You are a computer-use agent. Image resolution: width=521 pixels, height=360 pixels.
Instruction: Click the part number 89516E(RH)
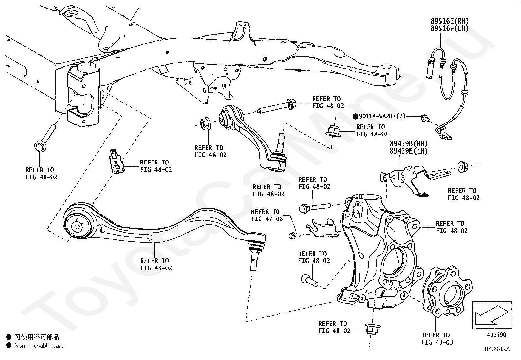(449, 21)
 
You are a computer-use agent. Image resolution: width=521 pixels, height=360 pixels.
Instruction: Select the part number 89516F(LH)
(449, 28)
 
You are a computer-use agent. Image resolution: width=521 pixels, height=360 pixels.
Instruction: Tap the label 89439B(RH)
(408, 143)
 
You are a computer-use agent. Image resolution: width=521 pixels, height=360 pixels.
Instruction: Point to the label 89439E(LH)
(408, 151)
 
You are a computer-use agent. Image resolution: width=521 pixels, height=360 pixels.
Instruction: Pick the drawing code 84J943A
(497, 349)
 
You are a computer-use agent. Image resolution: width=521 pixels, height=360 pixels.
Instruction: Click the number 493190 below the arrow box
(496, 335)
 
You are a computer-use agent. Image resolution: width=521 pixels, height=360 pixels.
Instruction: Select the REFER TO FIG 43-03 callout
(437, 339)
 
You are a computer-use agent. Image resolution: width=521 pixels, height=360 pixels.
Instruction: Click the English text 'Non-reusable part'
(39, 345)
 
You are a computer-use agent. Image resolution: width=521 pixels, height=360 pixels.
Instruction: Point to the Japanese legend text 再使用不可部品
(37, 337)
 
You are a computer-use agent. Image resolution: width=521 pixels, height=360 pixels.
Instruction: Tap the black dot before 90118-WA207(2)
(356, 116)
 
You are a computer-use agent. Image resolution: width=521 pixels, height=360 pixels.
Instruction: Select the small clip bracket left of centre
(117, 161)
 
